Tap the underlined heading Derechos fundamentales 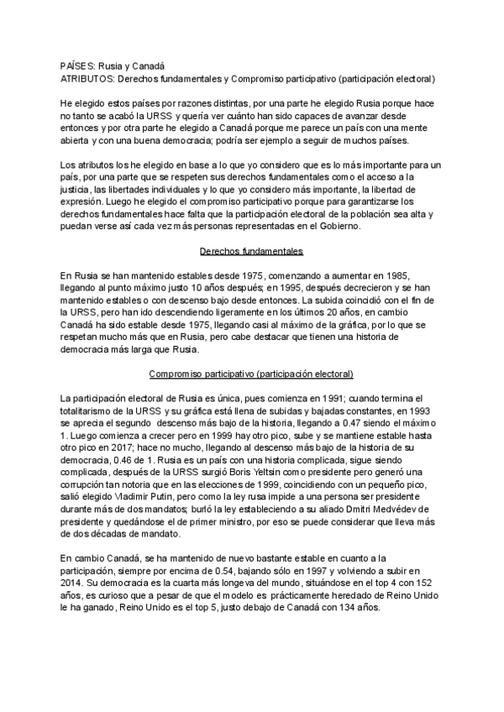pos(251,251)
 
